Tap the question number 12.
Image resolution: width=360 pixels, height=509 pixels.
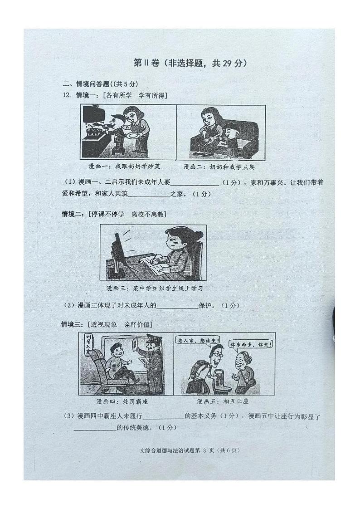click(x=67, y=95)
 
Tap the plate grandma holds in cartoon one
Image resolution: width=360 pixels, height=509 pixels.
click(x=134, y=135)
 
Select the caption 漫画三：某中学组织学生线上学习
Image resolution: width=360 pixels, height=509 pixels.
click(x=154, y=288)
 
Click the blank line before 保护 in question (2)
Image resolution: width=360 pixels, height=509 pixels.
click(x=177, y=306)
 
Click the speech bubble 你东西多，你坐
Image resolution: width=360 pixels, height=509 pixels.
click(x=251, y=344)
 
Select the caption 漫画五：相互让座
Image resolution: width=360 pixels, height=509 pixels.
click(x=223, y=401)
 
